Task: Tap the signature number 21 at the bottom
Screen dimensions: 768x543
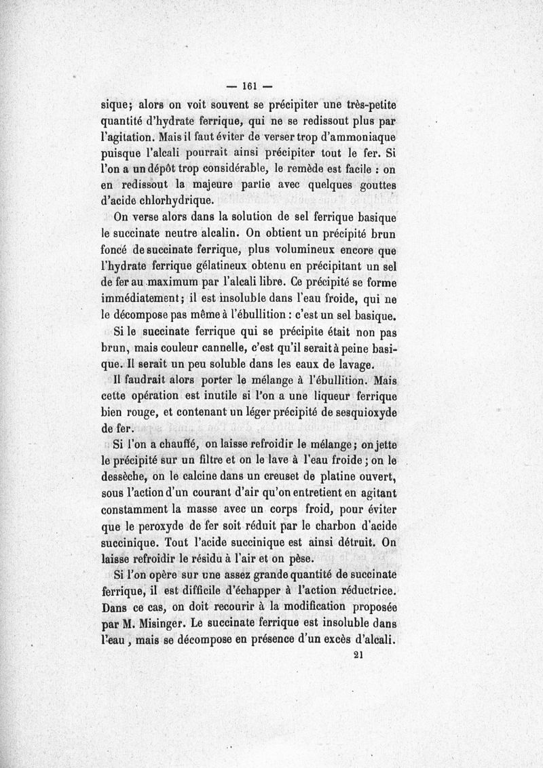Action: [x=360, y=656]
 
